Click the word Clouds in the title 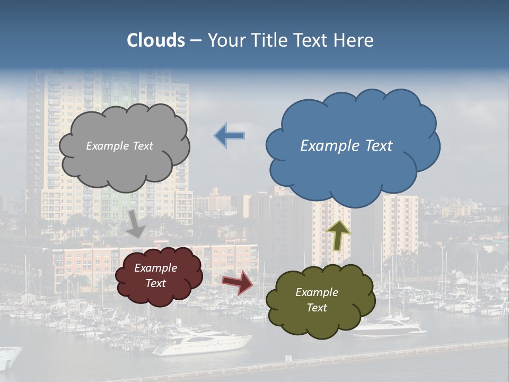click(x=156, y=40)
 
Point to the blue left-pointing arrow click(x=230, y=135)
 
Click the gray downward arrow click(x=136, y=223)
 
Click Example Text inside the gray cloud click(x=119, y=146)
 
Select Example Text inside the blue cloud click(x=346, y=146)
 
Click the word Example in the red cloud click(x=155, y=268)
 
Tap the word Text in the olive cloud click(x=317, y=308)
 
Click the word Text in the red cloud click(x=155, y=283)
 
